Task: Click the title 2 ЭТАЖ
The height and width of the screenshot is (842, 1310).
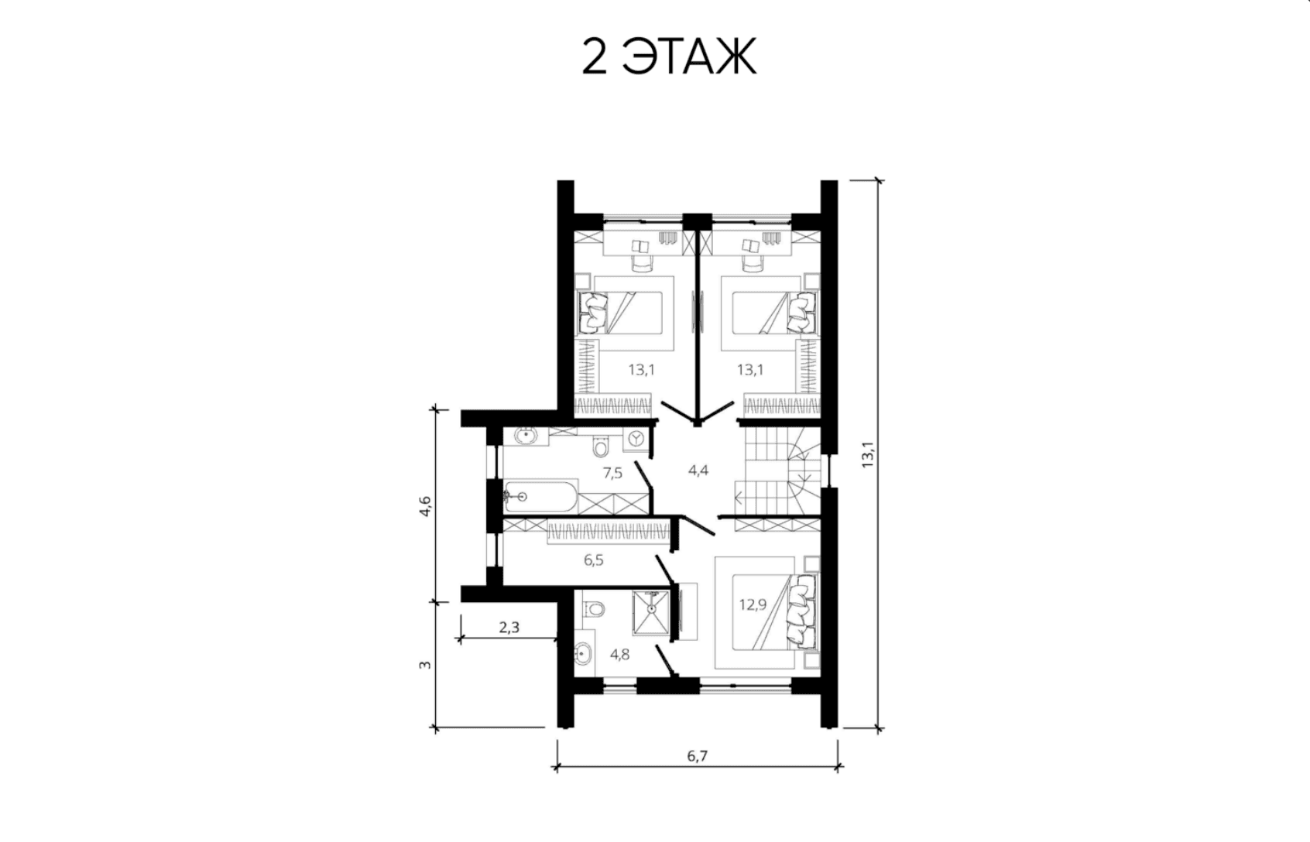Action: pos(669,56)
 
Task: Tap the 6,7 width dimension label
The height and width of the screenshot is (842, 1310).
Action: pos(697,756)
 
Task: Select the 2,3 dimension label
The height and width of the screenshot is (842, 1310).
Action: pos(509,628)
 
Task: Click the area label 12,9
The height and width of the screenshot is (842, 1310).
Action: pos(753,604)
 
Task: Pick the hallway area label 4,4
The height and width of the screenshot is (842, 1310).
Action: pos(698,470)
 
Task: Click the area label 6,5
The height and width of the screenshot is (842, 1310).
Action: pos(593,560)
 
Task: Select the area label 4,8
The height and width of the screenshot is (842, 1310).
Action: pos(620,654)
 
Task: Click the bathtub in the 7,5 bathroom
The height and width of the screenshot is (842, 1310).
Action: pos(541,497)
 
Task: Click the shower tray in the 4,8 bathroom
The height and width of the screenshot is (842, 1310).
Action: pos(650,612)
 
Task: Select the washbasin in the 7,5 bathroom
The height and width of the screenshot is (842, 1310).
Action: pos(117,436)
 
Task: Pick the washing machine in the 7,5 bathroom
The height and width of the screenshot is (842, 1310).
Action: pos(636,439)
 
